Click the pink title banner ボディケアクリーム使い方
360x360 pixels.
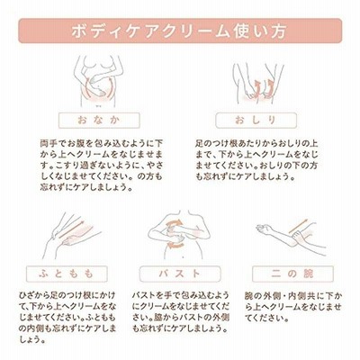180,31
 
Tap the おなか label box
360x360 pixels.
99,121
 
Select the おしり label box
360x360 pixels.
256,121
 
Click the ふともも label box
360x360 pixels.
67,274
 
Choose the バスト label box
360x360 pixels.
180,274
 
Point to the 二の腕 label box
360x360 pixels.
292,274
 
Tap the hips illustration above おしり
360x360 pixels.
257,83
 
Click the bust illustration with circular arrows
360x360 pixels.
179,234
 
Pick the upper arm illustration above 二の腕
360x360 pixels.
291,237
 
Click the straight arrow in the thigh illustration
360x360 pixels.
72,229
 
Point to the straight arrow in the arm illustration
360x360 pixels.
298,226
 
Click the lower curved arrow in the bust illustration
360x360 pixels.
176,246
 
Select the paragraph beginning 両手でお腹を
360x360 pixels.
102,165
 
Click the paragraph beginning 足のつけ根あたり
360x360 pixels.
256,159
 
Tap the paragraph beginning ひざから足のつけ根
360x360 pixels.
67,318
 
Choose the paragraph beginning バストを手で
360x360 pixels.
181,312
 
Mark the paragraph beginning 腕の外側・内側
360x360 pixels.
293,307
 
